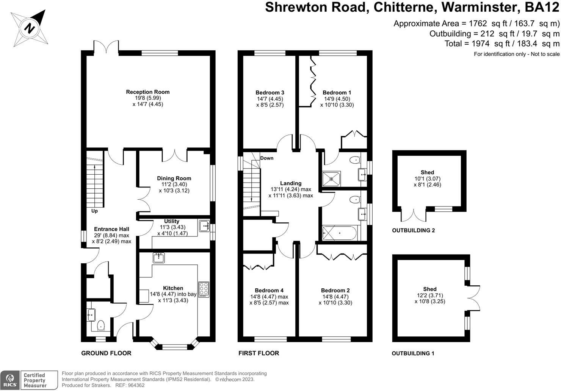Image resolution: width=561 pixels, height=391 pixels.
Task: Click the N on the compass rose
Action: pyautogui.click(x=30, y=28)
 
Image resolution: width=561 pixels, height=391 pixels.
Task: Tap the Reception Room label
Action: pyautogui.click(x=148, y=92)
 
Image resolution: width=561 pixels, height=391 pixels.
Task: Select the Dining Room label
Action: pyautogui.click(x=174, y=178)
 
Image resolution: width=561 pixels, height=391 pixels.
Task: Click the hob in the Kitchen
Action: pyautogui.click(x=204, y=289)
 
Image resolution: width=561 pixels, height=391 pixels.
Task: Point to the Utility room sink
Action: pyautogui.click(x=204, y=226)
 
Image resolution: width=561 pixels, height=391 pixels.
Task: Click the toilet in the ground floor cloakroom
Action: pyautogui.click(x=101, y=325)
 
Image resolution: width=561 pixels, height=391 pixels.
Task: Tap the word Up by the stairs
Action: pyautogui.click(x=94, y=211)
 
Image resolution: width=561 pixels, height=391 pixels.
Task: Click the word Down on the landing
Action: pyautogui.click(x=267, y=158)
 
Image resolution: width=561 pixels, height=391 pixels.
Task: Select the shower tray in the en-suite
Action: pyautogui.click(x=331, y=179)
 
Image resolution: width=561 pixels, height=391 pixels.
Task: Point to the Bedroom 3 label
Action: pyautogui.click(x=270, y=92)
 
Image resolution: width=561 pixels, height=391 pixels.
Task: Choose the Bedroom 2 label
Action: pyautogui.click(x=335, y=290)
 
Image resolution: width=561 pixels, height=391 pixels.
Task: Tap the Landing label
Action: pyautogui.click(x=291, y=183)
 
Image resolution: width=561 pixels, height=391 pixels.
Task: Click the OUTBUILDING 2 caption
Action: pyautogui.click(x=414, y=230)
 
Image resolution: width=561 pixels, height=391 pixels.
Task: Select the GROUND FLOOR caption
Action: pyautogui.click(x=106, y=353)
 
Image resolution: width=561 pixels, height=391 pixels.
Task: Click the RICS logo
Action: pyautogui.click(x=10, y=380)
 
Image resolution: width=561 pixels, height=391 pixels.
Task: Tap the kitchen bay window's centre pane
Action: pyautogui.click(x=175, y=347)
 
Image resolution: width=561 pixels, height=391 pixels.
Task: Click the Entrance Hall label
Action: pyautogui.click(x=111, y=229)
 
